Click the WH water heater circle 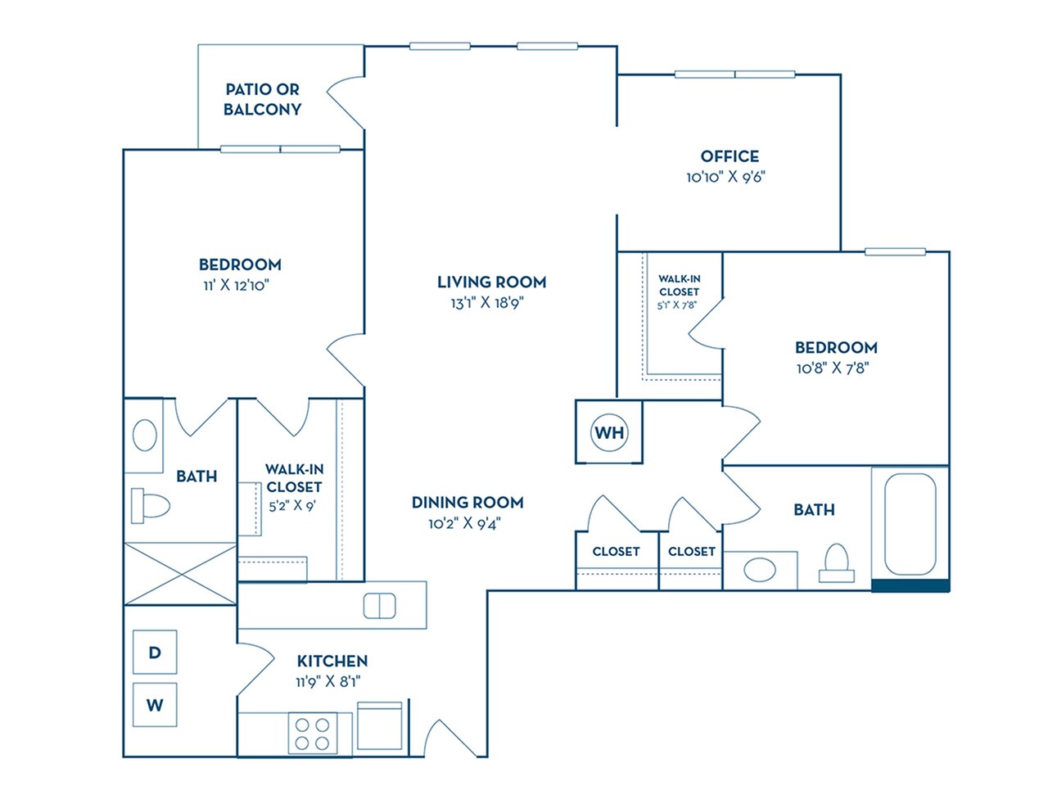pyautogui.click(x=609, y=432)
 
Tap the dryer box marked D pyautogui.click(x=155, y=652)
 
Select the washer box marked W pyautogui.click(x=155, y=704)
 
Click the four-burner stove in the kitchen pyautogui.click(x=312, y=734)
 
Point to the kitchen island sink pyautogui.click(x=379, y=606)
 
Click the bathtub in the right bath pyautogui.click(x=910, y=524)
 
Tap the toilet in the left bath pyautogui.click(x=149, y=505)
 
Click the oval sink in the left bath pyautogui.click(x=145, y=436)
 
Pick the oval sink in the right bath pyautogui.click(x=761, y=570)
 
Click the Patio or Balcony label pyautogui.click(x=263, y=99)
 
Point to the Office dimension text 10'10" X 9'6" pyautogui.click(x=725, y=177)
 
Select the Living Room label pyautogui.click(x=491, y=282)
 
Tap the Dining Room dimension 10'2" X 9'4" pyautogui.click(x=464, y=523)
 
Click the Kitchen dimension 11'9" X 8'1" pyautogui.click(x=328, y=681)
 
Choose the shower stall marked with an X pyautogui.click(x=180, y=573)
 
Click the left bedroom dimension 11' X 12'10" pyautogui.click(x=237, y=285)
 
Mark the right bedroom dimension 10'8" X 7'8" pyautogui.click(x=833, y=368)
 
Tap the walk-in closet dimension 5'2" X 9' pyautogui.click(x=292, y=506)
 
